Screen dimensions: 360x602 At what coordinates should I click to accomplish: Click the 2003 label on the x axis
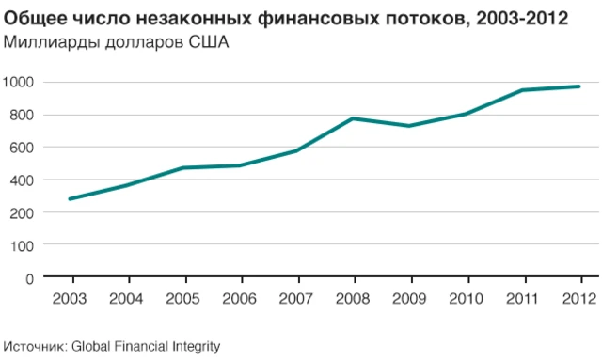pos(71,299)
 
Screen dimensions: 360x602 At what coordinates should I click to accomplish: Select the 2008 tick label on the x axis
pos(354,299)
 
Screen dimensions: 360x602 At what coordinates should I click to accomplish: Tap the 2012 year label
pos(580,299)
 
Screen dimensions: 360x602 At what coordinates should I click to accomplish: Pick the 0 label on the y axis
pos(30,278)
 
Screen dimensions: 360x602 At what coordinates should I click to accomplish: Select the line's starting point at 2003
pos(71,198)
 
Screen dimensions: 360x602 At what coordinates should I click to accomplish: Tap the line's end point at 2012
pos(580,86)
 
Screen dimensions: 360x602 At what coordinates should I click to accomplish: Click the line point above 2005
pos(184,168)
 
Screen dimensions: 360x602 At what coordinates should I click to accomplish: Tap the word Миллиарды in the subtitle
pos(45,42)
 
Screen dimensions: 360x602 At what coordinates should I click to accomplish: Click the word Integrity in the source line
pos(195,346)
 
